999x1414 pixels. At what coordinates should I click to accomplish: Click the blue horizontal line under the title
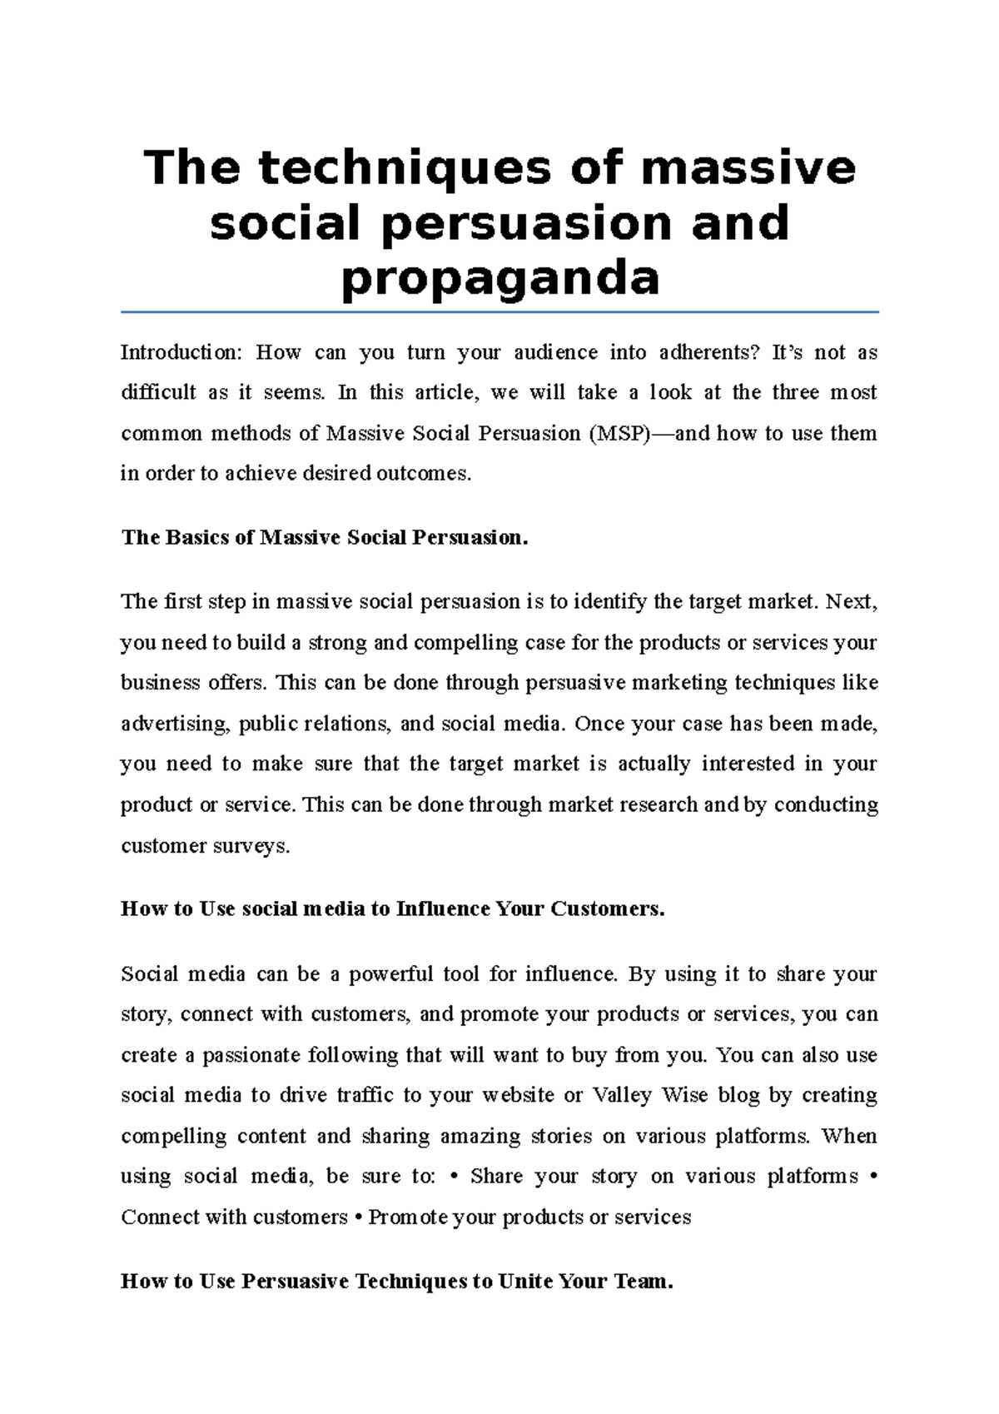[499, 312]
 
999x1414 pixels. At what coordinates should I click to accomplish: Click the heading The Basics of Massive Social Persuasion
[325, 538]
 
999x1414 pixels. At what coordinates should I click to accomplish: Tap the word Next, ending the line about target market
[851, 602]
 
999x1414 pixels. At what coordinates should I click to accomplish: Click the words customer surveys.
[205, 847]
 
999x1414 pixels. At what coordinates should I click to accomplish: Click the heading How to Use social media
[392, 909]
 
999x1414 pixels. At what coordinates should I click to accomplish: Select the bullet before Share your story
[454, 1178]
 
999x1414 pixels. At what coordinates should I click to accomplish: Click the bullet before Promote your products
[358, 1218]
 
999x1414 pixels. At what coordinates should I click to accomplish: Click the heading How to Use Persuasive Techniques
[396, 1282]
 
